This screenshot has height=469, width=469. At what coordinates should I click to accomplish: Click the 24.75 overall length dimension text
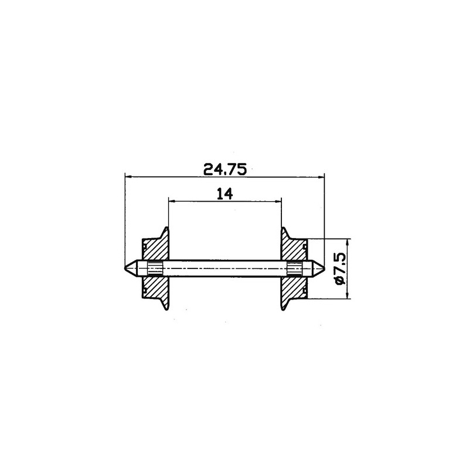pyautogui.click(x=225, y=169)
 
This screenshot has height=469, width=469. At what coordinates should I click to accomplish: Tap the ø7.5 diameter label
pyautogui.click(x=339, y=269)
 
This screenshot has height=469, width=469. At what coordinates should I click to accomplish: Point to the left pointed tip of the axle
pyautogui.click(x=127, y=268)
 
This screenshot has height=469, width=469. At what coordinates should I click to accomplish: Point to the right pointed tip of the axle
pyautogui.click(x=323, y=268)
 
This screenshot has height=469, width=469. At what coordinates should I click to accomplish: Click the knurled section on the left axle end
pyautogui.click(x=155, y=268)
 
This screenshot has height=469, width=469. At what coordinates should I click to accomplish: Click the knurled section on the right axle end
pyautogui.click(x=295, y=268)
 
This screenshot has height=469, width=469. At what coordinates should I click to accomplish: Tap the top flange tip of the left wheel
pyautogui.click(x=168, y=227)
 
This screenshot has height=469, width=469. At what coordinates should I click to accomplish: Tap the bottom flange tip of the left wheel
pyautogui.click(x=168, y=309)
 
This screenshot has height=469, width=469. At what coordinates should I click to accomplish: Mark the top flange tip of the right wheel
pyautogui.click(x=283, y=227)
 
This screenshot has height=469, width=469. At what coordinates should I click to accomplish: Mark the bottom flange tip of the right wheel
pyautogui.click(x=283, y=309)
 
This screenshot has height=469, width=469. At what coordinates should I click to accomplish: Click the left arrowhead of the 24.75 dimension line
pyautogui.click(x=128, y=176)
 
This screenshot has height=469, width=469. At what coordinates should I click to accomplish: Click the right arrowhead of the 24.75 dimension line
pyautogui.click(x=322, y=176)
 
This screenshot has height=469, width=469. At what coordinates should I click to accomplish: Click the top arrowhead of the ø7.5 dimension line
pyautogui.click(x=348, y=242)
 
